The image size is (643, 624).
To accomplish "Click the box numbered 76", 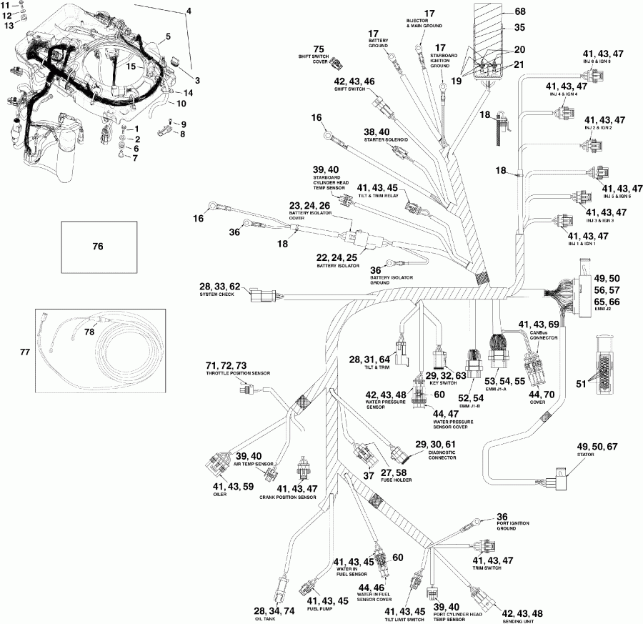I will pos(98,247).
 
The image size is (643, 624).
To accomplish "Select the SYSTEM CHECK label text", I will pos(218,294).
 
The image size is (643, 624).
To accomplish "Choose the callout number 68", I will pos(519,11).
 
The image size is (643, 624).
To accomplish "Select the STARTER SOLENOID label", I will pos(387,141).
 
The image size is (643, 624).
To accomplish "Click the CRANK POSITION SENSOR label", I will pos(288,497).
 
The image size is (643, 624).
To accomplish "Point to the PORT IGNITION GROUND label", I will pos(513,528).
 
